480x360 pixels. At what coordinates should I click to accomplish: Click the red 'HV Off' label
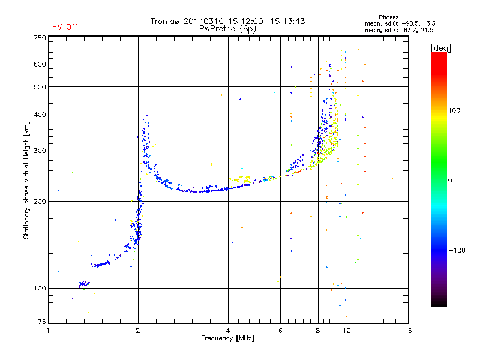click(x=65, y=27)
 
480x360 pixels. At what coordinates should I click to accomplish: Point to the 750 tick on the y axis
click(x=39, y=37)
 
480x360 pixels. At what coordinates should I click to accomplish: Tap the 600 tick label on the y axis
click(x=39, y=64)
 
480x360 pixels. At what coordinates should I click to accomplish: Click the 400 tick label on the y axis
click(x=39, y=115)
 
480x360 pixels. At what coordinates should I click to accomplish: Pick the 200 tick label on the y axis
click(x=39, y=202)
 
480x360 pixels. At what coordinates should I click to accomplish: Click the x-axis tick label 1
click(x=49, y=331)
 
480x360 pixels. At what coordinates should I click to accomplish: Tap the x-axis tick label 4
click(x=228, y=331)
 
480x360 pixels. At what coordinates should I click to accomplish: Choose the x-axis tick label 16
click(x=407, y=331)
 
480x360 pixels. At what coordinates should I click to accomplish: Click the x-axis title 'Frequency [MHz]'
click(x=227, y=338)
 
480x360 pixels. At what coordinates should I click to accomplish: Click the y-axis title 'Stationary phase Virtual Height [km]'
click(x=26, y=180)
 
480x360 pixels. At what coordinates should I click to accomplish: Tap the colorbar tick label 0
click(x=451, y=180)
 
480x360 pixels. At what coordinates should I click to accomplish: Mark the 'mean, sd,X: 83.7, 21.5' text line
click(x=399, y=29)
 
